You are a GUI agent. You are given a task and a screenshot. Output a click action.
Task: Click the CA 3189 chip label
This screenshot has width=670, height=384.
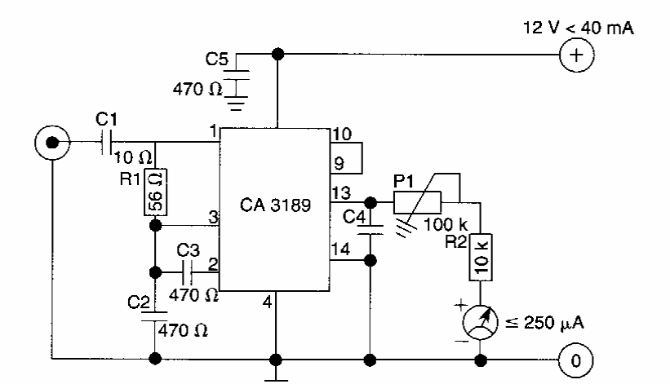point(276,205)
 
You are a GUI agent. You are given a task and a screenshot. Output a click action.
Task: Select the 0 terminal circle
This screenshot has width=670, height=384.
point(575,359)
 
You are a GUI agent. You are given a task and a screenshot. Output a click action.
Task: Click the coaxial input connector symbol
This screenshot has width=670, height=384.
point(51,145)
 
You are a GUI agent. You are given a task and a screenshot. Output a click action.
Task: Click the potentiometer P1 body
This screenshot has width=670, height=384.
point(417,202)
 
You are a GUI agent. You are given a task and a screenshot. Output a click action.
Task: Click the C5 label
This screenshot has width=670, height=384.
point(217,59)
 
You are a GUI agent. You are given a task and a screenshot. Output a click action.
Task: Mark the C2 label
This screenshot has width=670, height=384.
point(139,302)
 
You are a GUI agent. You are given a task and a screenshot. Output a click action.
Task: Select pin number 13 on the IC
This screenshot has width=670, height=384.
point(339,192)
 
